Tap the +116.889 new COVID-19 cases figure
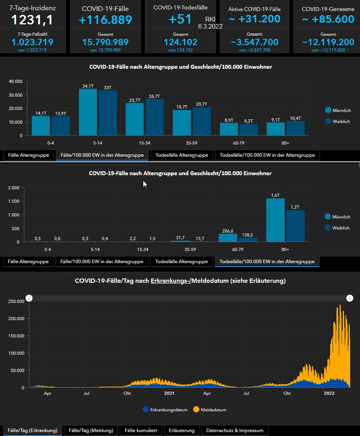click(105, 20)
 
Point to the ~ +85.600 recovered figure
click(328, 19)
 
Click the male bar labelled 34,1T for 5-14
click(88, 112)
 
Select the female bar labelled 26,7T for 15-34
click(155, 117)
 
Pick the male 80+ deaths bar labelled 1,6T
click(275, 220)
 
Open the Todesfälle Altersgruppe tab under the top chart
click(182, 155)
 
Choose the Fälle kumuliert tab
click(141, 431)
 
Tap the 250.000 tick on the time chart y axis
click(16, 301)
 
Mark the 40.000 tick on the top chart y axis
click(16, 81)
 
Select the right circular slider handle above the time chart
click(350, 298)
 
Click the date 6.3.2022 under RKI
click(210, 27)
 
